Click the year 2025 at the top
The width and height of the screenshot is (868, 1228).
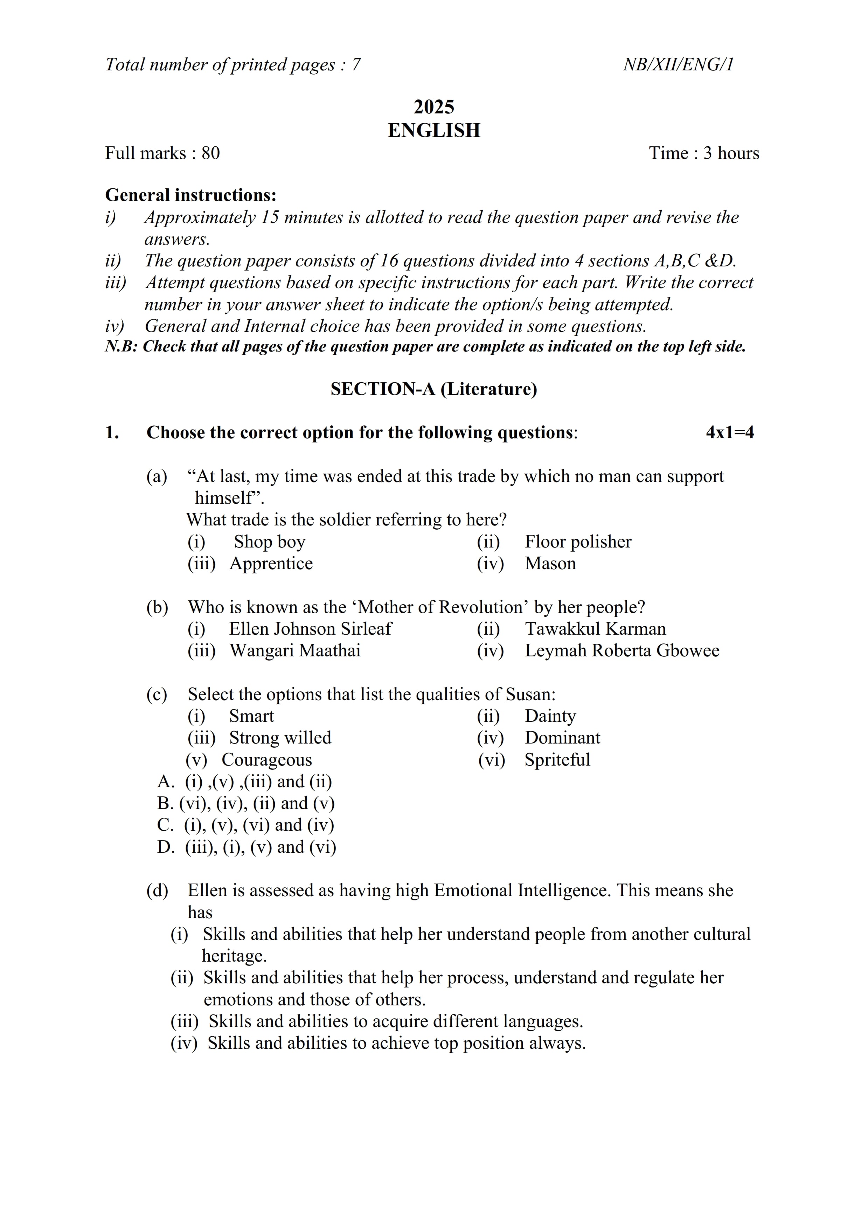pos(434,107)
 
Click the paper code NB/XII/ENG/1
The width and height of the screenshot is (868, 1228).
pos(678,65)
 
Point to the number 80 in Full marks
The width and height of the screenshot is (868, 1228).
pos(211,153)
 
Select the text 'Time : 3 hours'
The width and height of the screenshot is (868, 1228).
pos(704,153)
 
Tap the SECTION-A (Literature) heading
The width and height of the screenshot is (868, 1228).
pos(434,389)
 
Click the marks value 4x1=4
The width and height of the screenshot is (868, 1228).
pos(729,432)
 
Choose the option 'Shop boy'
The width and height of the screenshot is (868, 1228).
pos(270,542)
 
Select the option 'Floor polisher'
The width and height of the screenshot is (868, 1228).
pos(578,542)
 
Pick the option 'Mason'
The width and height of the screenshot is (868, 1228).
pos(550,564)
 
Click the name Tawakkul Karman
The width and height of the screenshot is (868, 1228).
pos(595,629)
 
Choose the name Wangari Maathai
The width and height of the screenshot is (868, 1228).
pos(295,651)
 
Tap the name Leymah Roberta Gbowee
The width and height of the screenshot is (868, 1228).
pos(622,651)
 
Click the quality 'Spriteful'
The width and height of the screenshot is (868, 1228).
pos(557,760)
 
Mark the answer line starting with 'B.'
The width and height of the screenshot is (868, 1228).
pos(246,803)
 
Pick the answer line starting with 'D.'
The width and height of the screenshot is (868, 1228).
pos(246,847)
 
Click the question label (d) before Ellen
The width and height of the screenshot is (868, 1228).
pos(157,891)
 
